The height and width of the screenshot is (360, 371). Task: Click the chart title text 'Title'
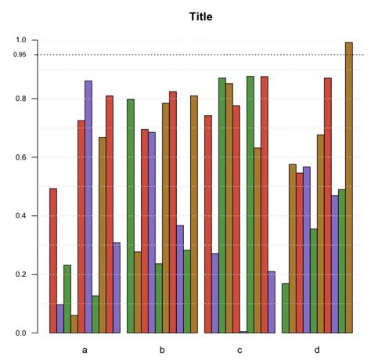pos(200,16)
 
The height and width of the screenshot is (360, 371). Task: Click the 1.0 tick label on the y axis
pos(21,40)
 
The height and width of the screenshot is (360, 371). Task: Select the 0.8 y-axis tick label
pos(21,99)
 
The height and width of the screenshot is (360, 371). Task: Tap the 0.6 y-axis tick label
pos(21,157)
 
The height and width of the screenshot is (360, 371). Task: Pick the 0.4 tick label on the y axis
pos(21,216)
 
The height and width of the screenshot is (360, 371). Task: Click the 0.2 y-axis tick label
pos(21,275)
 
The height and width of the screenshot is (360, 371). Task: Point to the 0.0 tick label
pos(21,333)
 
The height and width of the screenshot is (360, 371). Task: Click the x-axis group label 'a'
pos(85,349)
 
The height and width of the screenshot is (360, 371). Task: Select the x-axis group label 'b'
pos(162,349)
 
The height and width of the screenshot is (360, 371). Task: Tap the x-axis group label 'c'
pos(240,349)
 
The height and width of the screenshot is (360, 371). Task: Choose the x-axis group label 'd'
pos(317,349)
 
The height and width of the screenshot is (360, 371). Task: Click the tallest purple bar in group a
pos(88,207)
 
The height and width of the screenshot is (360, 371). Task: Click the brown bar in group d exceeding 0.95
pos(349,188)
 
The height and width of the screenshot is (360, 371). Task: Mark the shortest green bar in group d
pos(286,308)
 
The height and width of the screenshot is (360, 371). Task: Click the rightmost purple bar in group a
pos(117,288)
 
